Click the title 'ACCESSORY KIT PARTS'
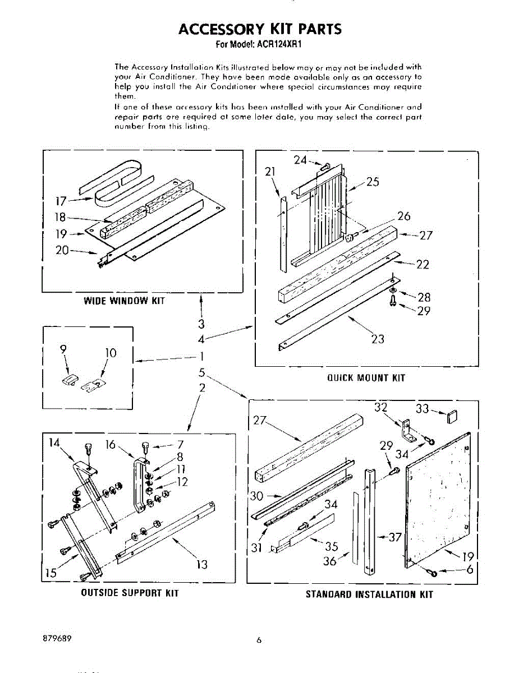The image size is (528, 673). tap(260, 29)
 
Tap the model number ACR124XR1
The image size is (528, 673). tap(278, 44)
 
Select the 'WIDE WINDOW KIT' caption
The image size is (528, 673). tap(124, 301)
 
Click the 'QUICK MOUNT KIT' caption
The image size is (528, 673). tap(366, 378)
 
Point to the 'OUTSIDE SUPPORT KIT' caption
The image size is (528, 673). tap(130, 593)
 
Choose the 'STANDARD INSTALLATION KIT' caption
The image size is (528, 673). tap(369, 594)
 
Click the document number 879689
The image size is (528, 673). tap(57, 638)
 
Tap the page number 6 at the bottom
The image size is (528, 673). tap(259, 640)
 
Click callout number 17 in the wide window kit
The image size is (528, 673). tap(61, 201)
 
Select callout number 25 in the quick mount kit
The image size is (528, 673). tap(373, 182)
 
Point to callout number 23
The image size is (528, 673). tap(378, 339)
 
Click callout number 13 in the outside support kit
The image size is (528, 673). tap(202, 565)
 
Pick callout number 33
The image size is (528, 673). tap(423, 409)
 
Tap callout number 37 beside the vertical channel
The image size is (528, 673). tap(395, 537)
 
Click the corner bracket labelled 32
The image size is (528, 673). tap(408, 430)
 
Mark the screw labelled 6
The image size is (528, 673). tap(432, 573)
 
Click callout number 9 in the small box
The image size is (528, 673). tap(63, 349)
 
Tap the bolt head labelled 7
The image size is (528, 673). tap(145, 446)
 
